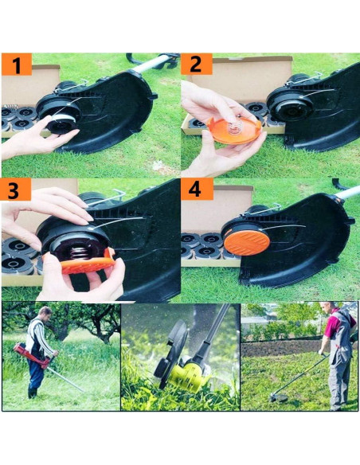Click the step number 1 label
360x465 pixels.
coord(17,64)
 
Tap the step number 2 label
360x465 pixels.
coord(196,64)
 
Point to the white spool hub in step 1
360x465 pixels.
coord(61,123)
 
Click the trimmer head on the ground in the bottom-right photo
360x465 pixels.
coord(280,395)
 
